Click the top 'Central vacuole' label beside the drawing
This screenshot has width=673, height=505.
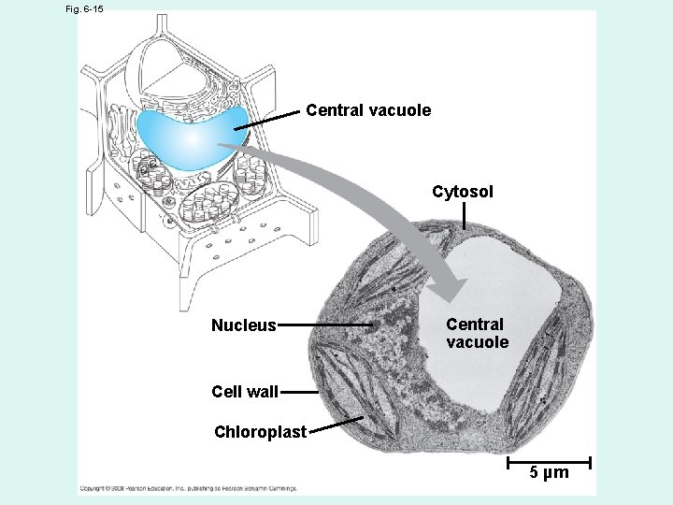pos(368,110)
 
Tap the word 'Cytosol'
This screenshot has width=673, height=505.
pos(463,192)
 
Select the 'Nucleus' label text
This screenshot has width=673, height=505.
pos(244,325)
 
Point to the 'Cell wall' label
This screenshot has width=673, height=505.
pos(245,392)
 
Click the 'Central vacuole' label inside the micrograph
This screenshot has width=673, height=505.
pos(477,333)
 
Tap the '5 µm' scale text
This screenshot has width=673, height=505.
pos(549,473)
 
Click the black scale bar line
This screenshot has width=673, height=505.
pos(549,461)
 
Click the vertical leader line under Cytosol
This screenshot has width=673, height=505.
pos(465,216)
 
